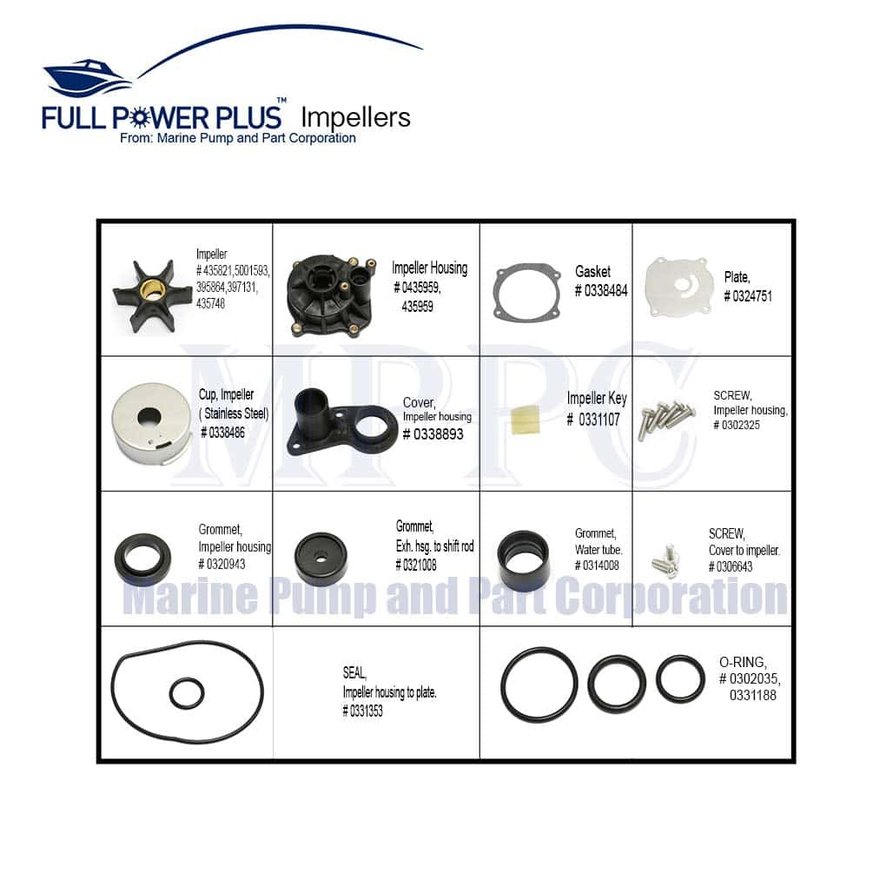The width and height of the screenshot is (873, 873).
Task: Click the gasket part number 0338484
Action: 600,291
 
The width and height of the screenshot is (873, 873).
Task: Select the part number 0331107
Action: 593,419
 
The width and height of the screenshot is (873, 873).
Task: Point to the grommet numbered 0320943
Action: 143,559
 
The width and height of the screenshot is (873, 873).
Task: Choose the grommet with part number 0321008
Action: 321,559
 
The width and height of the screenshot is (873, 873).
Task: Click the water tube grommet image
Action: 523,557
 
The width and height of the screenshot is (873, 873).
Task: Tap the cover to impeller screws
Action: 665,561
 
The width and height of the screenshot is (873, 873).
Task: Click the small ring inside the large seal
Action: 187,692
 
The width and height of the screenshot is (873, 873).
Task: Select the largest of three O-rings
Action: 539,685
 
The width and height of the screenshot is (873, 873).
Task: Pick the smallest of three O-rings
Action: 680,678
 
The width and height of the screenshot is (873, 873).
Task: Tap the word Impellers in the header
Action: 354,117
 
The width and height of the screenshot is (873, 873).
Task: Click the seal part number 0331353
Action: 362,711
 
